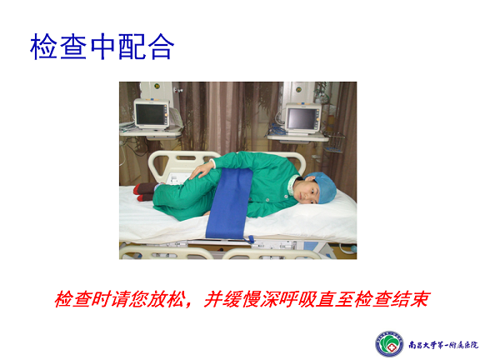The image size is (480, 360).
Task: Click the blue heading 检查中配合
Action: click(x=102, y=47)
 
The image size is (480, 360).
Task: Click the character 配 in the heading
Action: click(x=132, y=47)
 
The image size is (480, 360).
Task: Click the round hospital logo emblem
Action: click(x=389, y=344)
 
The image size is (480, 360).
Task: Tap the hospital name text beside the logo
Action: click(x=443, y=345)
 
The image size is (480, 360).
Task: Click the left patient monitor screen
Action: click(x=150, y=114)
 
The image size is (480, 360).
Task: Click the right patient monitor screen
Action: click(x=302, y=119)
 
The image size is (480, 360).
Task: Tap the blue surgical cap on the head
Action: click(x=323, y=186)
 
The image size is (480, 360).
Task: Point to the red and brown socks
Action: click(x=144, y=192)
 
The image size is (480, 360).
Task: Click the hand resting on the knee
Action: click(x=202, y=170)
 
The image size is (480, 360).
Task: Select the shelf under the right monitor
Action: click(x=297, y=137)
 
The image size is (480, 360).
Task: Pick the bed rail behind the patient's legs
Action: click(x=181, y=165)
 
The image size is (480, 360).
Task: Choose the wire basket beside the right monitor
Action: click(x=333, y=143)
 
